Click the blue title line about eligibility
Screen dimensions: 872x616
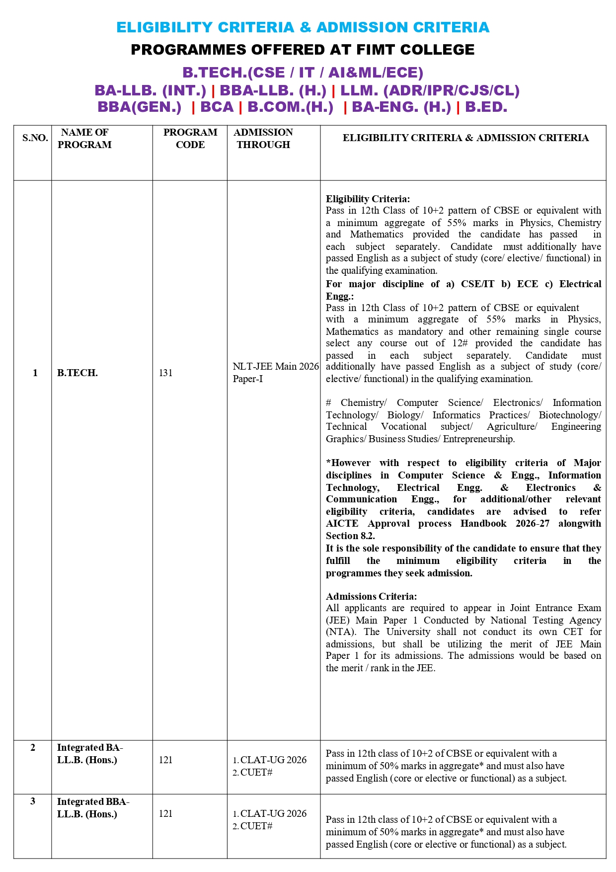(303, 27)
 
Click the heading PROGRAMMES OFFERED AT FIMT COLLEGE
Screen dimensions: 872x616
(303, 50)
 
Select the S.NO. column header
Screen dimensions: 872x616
(35, 138)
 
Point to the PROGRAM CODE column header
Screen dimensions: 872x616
(190, 139)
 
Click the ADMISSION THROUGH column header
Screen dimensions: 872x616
(263, 139)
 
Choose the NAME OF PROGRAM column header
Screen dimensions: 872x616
(84, 139)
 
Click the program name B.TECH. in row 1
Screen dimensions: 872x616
(77, 373)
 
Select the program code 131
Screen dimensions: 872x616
(165, 373)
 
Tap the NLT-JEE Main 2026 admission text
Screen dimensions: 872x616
(276, 367)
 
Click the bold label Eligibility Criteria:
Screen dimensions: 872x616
(368, 199)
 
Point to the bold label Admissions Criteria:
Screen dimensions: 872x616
(371, 596)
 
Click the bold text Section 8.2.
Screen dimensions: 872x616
(350, 536)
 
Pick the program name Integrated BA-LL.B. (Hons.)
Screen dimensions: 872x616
(89, 754)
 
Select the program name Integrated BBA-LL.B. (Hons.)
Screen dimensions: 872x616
(93, 807)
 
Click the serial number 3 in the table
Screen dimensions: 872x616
(33, 801)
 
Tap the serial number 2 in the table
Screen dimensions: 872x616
(33, 747)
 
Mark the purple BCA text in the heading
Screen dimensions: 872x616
(217, 107)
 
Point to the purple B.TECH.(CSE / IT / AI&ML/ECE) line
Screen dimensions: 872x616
(303, 73)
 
